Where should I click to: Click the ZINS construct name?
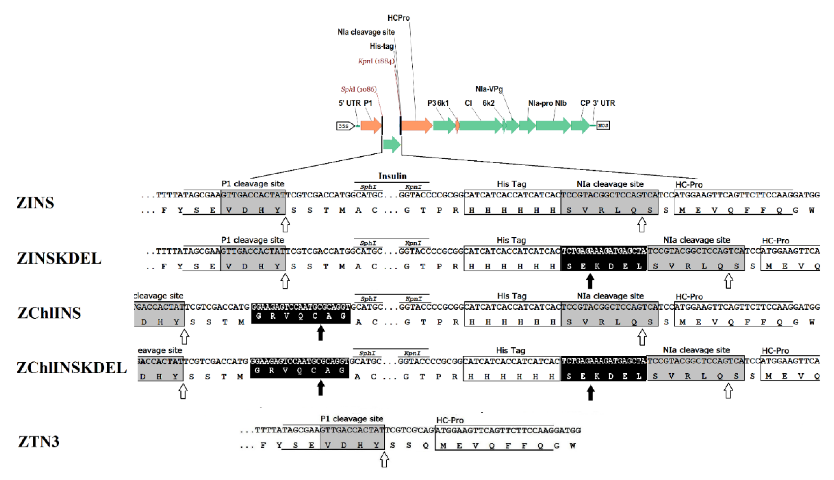[35, 202]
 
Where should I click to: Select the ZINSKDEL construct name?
[59, 258]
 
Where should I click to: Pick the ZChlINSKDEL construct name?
[72, 368]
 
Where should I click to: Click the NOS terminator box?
[603, 125]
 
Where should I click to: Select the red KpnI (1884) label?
[376, 61]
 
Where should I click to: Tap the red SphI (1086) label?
[358, 89]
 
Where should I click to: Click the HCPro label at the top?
[398, 18]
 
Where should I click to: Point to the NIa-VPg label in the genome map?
[489, 89]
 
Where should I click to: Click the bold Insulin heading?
[392, 176]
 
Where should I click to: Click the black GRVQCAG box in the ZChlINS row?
[300, 314]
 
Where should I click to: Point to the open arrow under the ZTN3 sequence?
[384, 459]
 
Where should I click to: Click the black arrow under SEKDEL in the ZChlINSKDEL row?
[590, 393]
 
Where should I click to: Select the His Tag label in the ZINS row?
[511, 184]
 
